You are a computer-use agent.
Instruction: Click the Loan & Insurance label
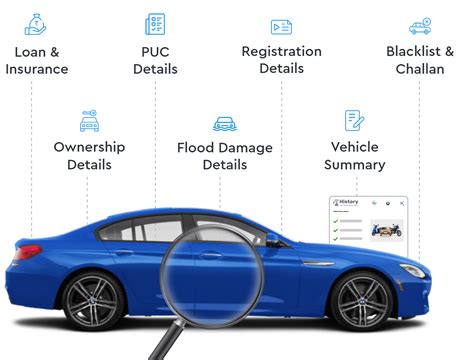coord(37,60)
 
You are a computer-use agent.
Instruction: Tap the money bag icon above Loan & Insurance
coord(37,22)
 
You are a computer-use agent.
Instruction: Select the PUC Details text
coord(155,60)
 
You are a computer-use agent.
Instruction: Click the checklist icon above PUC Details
coord(155,23)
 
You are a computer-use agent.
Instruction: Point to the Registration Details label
coord(281,60)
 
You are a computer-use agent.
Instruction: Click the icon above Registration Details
coord(281,26)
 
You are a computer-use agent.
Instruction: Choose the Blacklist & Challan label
coord(420,60)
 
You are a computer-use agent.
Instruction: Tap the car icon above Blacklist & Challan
coord(420,26)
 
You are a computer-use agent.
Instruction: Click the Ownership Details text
coord(89,155)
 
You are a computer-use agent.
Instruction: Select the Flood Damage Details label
coord(225,155)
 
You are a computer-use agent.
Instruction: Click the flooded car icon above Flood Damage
coord(225,124)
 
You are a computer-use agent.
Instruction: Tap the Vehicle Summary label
coord(355,155)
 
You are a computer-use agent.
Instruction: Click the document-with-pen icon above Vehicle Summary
coord(355,120)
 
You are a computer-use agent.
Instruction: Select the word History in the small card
coord(349,202)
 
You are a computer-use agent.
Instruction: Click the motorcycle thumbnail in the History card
coord(387,230)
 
